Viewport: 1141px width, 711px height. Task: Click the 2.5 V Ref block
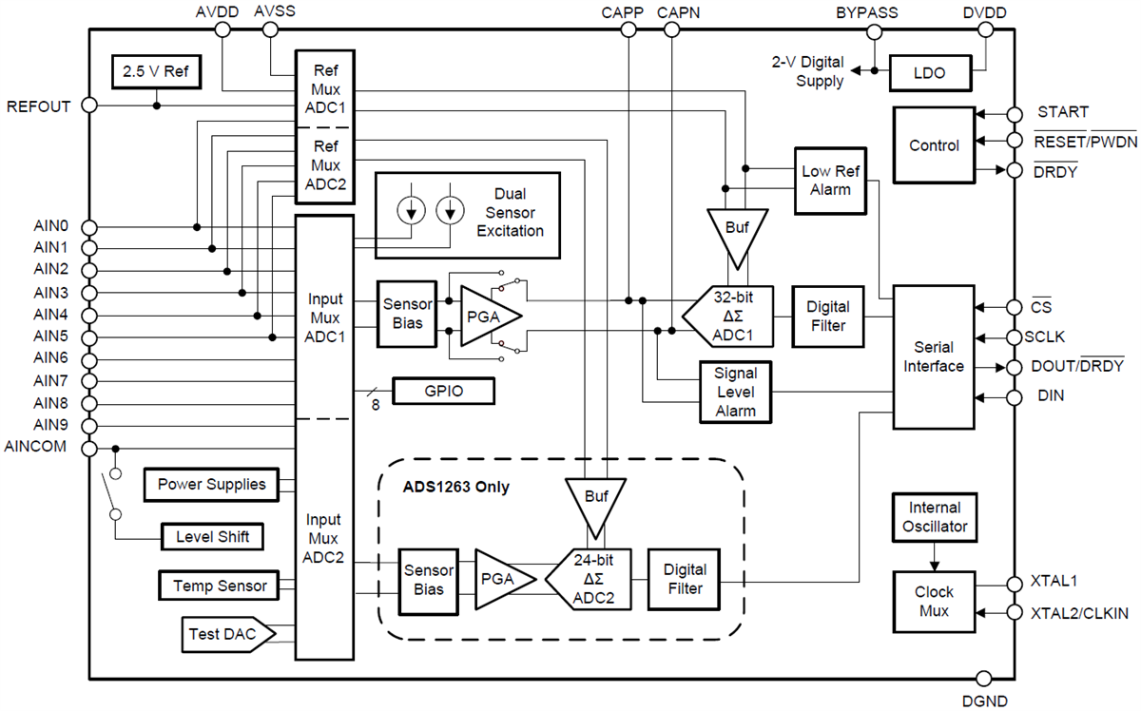click(157, 70)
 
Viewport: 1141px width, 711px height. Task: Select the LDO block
click(930, 72)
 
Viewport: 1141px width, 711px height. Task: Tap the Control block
click(934, 145)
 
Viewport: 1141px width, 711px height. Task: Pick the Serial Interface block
click(934, 357)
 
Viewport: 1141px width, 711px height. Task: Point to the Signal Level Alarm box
click(735, 391)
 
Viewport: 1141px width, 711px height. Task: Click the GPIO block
click(444, 391)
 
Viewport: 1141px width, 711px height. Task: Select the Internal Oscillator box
click(935, 517)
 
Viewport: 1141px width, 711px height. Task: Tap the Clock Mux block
click(934, 601)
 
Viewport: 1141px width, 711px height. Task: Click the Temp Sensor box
click(220, 586)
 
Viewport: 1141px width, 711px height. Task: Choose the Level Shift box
click(212, 537)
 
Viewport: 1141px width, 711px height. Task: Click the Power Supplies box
click(211, 484)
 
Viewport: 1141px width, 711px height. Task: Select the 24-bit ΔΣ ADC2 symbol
click(591, 579)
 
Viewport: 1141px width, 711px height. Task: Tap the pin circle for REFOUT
click(89, 106)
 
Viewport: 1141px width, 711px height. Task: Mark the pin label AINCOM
click(35, 447)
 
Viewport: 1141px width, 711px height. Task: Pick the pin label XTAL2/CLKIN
click(1080, 613)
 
